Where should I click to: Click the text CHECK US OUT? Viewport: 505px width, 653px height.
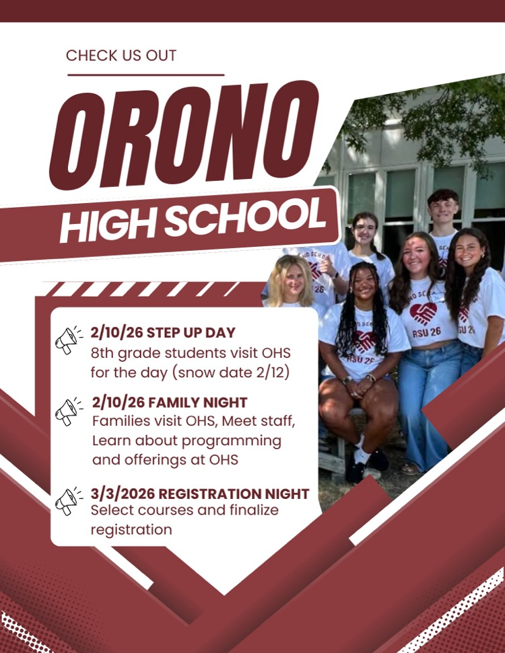(121, 55)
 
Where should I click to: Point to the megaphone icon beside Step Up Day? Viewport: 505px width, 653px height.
(68, 340)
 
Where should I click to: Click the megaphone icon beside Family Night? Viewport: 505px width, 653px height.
(68, 411)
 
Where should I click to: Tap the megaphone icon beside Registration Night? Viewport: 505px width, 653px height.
(68, 501)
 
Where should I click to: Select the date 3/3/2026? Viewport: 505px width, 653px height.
(123, 494)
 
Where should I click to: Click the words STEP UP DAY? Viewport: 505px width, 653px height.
(191, 332)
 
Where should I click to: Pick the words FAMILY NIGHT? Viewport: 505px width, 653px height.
(198, 402)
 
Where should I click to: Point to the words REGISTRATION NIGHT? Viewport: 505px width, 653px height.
(234, 494)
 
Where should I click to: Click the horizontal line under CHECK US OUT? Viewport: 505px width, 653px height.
(146, 75)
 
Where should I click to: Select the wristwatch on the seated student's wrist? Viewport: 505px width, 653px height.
(346, 380)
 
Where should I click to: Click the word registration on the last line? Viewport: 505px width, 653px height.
(131, 530)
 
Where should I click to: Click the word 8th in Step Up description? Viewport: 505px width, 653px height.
(102, 353)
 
